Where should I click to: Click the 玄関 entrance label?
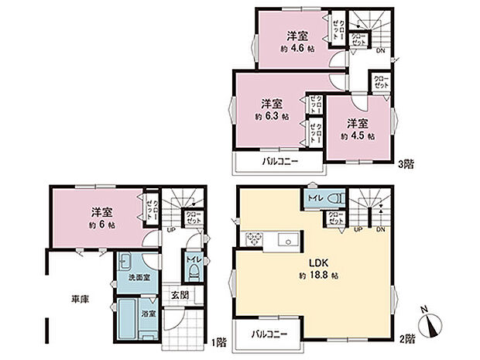pyautogui.click(x=179, y=295)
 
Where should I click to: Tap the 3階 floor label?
pyautogui.click(x=406, y=165)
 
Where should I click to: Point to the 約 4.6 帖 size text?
pyautogui.click(x=296, y=48)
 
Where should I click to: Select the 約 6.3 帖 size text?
pyautogui.click(x=272, y=116)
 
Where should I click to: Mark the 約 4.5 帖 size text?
pyautogui.click(x=357, y=135)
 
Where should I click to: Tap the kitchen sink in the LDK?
pyautogui.click(x=288, y=240)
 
